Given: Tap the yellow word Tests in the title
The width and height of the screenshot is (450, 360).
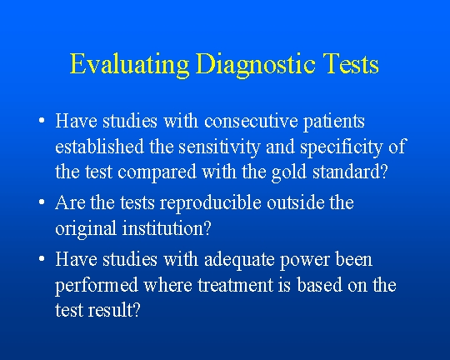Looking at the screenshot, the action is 350,63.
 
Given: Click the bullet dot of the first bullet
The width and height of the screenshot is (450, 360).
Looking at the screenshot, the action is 42,121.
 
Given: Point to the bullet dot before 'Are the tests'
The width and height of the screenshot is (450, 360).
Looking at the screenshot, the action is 42,202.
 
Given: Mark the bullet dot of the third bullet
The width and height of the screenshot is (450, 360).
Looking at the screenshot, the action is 42,259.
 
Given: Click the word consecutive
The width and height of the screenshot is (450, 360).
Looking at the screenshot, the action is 251,121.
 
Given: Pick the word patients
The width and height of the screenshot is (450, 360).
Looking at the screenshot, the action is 334,122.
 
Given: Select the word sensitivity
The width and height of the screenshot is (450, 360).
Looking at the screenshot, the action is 219,147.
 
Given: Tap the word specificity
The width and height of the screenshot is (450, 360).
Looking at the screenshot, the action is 341,147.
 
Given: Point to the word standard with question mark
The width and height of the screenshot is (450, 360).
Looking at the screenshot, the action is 350,172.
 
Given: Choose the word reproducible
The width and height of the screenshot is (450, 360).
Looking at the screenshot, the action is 210,203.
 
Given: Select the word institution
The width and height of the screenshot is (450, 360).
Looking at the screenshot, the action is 167,228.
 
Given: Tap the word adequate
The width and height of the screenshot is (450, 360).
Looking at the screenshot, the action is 239,260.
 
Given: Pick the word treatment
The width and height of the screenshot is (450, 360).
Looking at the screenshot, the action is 235,285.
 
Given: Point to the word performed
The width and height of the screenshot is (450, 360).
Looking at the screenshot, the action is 97,286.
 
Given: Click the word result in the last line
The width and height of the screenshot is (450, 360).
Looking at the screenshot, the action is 113,310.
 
